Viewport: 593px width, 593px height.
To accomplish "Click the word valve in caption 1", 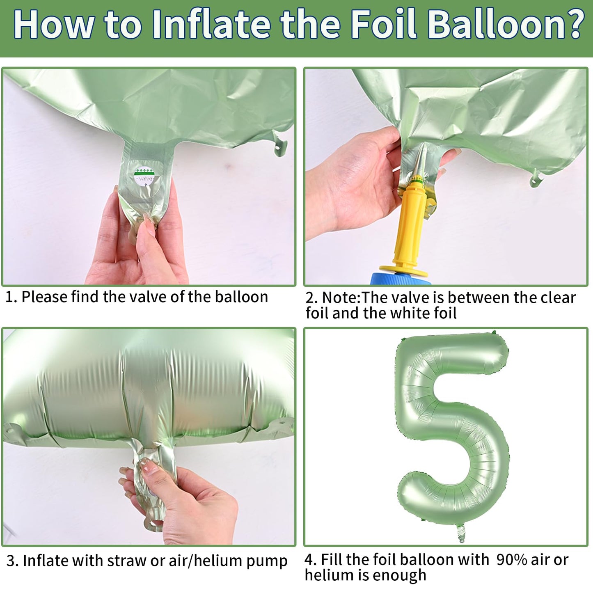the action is pos(148,297).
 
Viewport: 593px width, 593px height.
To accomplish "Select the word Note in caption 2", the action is pos(341,298).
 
